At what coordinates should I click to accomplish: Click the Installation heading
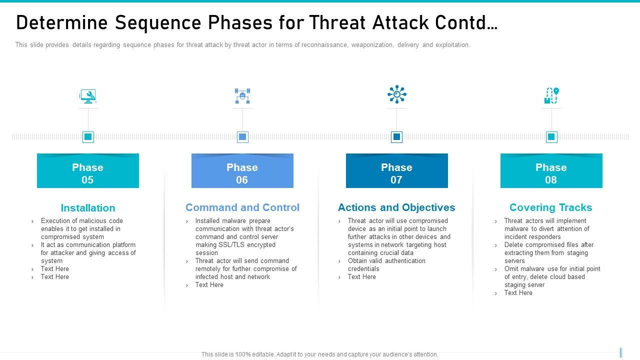[88, 208]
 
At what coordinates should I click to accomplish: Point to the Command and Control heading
[242, 207]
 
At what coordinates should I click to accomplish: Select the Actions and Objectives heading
[396, 207]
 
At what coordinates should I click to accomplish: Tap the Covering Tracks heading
[550, 207]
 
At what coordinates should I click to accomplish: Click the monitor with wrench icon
[88, 96]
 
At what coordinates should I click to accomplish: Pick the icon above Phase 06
[242, 96]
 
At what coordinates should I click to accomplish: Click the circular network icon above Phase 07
[396, 94]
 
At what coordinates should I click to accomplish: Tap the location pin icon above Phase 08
[551, 95]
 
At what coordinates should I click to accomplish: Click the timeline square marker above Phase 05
[88, 136]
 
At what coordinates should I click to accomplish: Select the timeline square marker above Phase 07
[396, 136]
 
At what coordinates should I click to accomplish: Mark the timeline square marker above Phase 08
[551, 136]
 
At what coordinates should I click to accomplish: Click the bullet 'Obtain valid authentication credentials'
[386, 264]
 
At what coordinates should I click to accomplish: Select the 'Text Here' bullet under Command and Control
[209, 285]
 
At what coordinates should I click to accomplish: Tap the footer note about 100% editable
[320, 354]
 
